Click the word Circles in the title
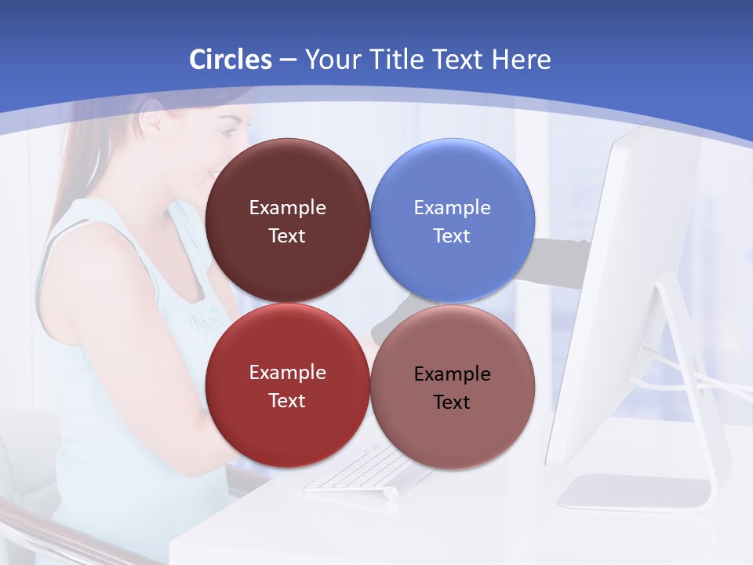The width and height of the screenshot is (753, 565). point(230,60)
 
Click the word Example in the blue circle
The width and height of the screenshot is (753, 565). point(453,208)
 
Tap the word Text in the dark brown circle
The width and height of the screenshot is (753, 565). point(287,236)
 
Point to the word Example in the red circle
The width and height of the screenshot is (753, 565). point(287,373)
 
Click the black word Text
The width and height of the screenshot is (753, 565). point(452,403)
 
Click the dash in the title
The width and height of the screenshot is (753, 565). point(288,60)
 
